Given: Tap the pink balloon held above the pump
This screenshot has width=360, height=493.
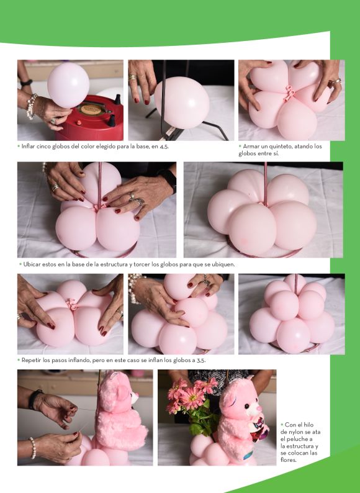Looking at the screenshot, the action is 68,85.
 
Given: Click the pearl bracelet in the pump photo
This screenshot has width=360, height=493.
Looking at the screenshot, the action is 31,106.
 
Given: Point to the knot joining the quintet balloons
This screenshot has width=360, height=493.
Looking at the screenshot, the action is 290,93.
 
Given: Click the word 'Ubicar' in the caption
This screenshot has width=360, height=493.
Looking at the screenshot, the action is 32,264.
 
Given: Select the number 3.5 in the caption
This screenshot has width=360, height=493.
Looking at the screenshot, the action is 201,360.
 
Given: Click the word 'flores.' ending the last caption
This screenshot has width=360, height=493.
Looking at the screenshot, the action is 289,460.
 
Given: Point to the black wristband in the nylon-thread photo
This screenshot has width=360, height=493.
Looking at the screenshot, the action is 35,399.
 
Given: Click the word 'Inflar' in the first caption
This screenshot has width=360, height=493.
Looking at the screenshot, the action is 29,147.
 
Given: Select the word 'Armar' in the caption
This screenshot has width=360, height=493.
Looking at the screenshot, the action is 251,146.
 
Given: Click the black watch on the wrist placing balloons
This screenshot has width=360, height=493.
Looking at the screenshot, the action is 169,180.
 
